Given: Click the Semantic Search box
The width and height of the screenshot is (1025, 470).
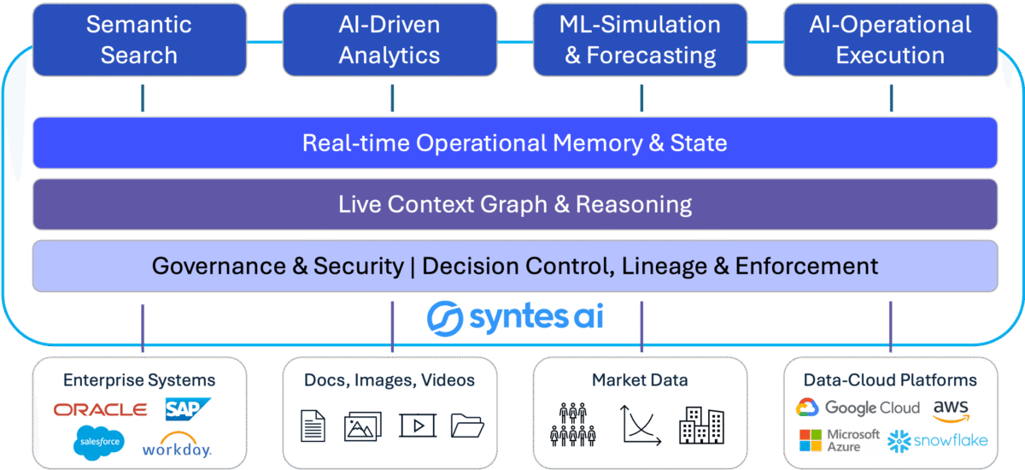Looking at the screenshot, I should pos(138,39).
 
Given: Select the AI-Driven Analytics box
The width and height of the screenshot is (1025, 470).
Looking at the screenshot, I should pos(389,39).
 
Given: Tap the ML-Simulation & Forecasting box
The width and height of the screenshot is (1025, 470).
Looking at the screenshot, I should pos(640,39).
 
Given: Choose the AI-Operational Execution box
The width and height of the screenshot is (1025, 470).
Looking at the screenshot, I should pos(890,39).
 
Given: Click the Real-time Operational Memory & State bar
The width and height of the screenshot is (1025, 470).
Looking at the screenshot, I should pos(514,143).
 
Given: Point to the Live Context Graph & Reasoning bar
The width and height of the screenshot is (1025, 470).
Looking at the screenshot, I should pos(514,204).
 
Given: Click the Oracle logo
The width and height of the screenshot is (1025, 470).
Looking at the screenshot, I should pos(100,410).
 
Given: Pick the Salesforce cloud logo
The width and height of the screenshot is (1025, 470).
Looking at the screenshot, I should pos(98,442).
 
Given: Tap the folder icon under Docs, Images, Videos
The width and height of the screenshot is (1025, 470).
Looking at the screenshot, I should pos(467,425).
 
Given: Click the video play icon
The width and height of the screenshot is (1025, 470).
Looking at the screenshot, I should pos(417,425).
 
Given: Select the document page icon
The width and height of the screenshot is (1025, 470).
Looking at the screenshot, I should pos(313,425).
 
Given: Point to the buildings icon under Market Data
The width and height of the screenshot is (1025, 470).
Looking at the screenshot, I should pos(701,425).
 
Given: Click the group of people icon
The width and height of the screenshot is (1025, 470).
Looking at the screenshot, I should pos(571,425).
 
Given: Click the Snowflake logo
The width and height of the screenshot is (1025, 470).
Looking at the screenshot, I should pos(938,441).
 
